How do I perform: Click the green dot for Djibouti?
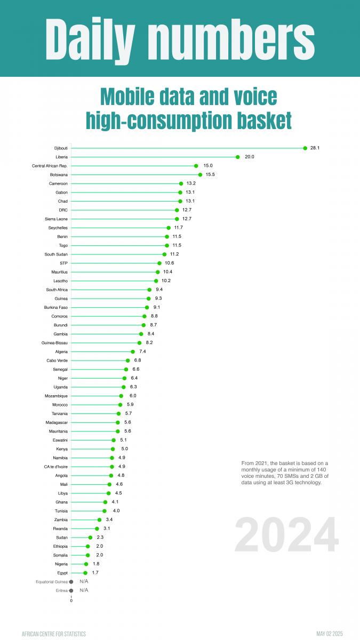click(x=305, y=148)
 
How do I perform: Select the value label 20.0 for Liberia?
click(x=249, y=157)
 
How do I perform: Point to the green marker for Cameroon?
click(x=181, y=183)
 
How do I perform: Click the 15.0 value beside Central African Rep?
click(x=208, y=166)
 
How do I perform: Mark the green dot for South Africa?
click(x=149, y=290)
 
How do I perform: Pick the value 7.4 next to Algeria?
click(x=142, y=351)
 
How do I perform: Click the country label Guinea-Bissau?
click(x=54, y=342)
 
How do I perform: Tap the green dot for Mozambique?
click(x=121, y=396)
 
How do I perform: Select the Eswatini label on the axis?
click(x=58, y=440)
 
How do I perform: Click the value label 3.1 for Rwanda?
click(x=107, y=528)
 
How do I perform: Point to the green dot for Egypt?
click(x=85, y=573)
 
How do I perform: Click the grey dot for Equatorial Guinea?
click(x=71, y=581)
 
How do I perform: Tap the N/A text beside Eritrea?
click(x=84, y=590)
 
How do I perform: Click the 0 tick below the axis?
click(x=71, y=601)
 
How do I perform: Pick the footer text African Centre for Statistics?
click(x=53, y=634)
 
